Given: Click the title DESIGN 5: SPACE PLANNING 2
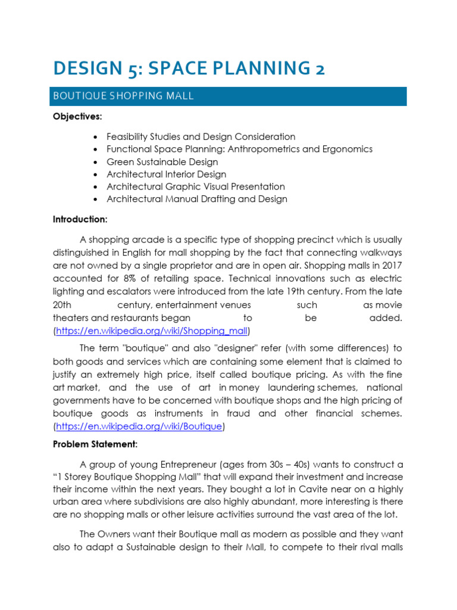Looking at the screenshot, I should point(189,68).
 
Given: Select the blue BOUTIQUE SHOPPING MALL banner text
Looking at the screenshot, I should point(123,96).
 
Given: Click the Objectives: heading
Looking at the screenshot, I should point(77,117).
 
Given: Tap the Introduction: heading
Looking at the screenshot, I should point(80,219).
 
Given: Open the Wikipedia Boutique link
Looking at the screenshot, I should point(139,426).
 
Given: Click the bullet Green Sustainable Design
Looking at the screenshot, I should point(162,161).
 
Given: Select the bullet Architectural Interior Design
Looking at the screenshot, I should point(166,174).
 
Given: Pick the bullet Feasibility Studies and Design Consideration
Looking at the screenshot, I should point(201,136).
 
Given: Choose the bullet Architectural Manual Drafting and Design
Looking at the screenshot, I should point(196,199).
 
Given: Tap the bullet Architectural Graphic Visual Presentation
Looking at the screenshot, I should point(195,186).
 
